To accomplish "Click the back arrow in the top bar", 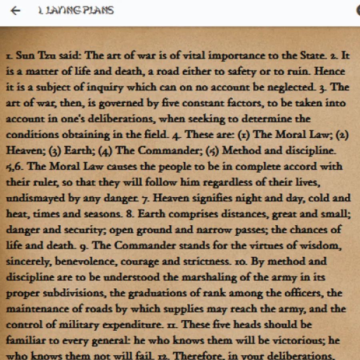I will pos(15,11).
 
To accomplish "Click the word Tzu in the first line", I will pos(48,56).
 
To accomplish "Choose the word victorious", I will pos(295,341).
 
